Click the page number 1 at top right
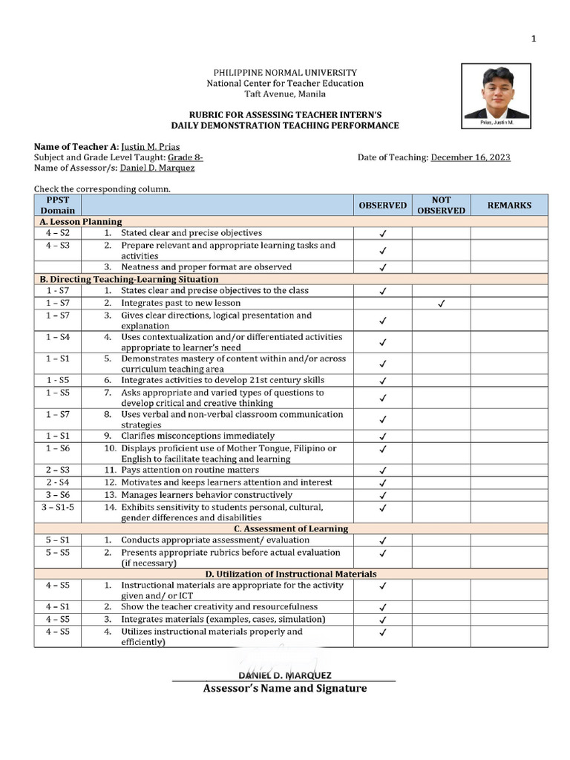(x=534, y=39)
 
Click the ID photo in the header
(x=496, y=93)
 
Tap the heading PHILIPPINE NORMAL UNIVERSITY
(x=285, y=73)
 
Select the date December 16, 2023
(x=471, y=157)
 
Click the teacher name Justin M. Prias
(x=150, y=147)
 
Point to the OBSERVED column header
(x=383, y=206)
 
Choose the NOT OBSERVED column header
(x=441, y=206)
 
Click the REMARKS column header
(x=508, y=206)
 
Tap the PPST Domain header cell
(x=57, y=206)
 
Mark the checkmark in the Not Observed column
(x=441, y=304)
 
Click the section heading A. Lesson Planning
(x=80, y=221)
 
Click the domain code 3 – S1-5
(x=57, y=508)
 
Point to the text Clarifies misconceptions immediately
(x=197, y=436)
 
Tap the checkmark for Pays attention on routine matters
(x=383, y=471)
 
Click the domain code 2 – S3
(x=57, y=470)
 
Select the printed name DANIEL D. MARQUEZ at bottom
(x=284, y=675)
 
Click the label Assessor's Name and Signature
(x=285, y=689)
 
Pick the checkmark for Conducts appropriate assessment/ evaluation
(x=383, y=541)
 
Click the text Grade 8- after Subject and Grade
(x=185, y=157)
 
